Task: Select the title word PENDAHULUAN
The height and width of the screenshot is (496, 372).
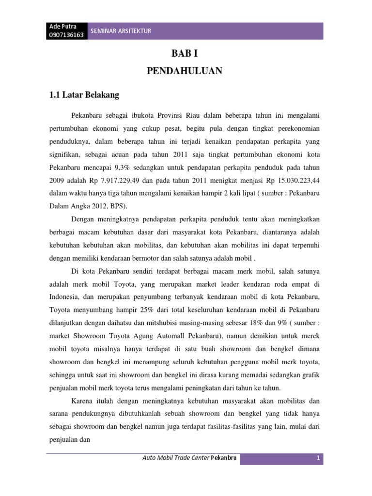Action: click(184, 71)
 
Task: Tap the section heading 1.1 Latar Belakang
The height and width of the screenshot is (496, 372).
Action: click(84, 95)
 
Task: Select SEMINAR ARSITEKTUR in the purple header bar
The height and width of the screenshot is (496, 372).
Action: click(122, 31)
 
